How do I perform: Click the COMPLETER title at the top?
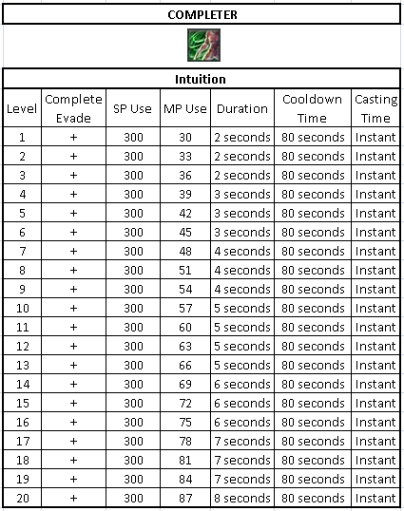202,14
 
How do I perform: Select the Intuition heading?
202,80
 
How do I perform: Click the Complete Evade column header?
73,108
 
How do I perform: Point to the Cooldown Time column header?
314,108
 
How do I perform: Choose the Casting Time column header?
375,108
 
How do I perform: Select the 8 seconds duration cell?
242,498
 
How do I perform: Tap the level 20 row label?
22,498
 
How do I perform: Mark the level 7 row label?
22,251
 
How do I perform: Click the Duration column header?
242,108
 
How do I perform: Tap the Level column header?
22,108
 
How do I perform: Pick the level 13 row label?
22,365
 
